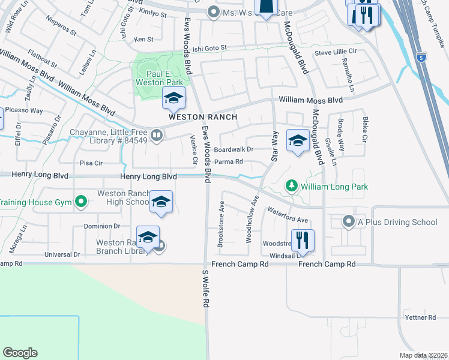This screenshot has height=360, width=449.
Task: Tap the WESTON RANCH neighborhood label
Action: [203, 117]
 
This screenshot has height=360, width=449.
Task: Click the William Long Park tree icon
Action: [292, 187]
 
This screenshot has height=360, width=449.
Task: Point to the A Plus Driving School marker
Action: [349, 222]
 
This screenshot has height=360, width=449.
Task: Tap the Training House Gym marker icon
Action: [80, 202]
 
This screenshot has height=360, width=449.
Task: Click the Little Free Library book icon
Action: [157, 136]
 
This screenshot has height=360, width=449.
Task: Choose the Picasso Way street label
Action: [24, 110]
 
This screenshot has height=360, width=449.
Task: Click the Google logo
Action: [20, 353]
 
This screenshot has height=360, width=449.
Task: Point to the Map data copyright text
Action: [423, 355]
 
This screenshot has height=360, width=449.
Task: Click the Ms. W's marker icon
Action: [213, 12]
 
